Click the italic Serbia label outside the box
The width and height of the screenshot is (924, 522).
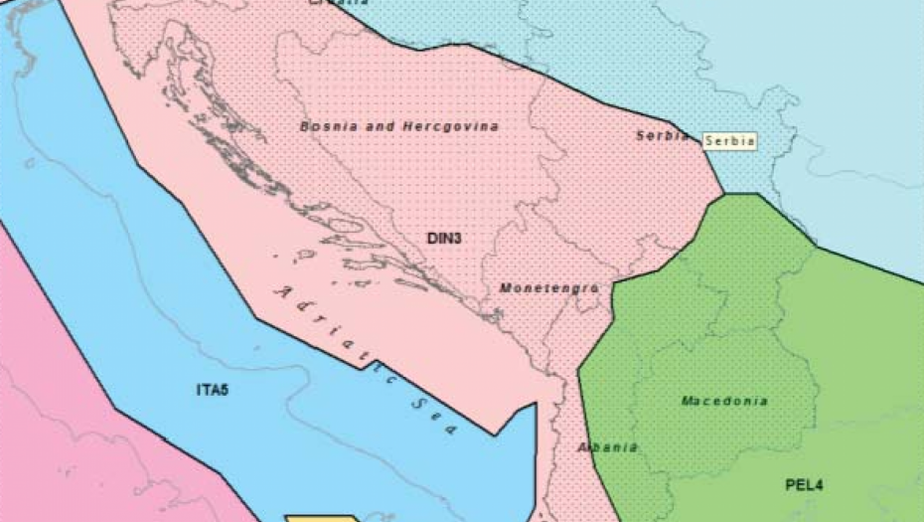click(x=663, y=136)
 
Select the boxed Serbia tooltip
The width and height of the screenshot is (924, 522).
click(x=729, y=141)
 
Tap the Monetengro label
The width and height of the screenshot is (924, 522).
click(x=548, y=288)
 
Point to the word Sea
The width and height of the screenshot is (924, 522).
click(x=438, y=417)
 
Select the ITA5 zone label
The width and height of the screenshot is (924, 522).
click(x=213, y=390)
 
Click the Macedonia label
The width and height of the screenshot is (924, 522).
click(x=724, y=401)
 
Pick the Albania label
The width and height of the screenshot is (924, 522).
click(x=607, y=447)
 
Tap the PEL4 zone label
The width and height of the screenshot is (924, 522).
click(x=804, y=485)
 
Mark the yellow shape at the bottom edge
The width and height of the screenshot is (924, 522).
click(x=323, y=517)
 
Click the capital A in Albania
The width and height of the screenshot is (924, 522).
click(x=583, y=447)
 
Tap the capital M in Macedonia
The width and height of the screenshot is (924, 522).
click(x=687, y=401)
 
